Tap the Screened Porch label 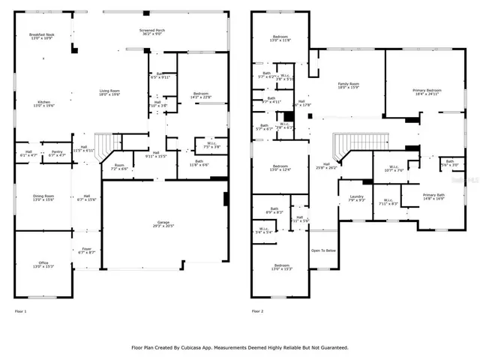(152, 30)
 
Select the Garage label (164, 222)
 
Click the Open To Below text (324, 250)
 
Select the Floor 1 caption (20, 310)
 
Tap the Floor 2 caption (257, 310)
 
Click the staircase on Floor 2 (347, 145)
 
